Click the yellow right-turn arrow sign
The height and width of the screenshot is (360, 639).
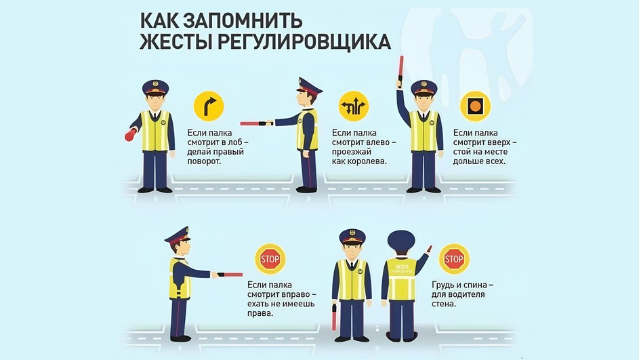(x=209, y=106)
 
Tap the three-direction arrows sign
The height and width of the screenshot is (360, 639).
(x=354, y=106)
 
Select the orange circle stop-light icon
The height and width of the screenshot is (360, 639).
(x=475, y=106)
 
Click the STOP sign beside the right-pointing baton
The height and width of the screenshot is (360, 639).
(x=270, y=259)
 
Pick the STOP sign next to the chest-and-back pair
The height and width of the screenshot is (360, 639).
(x=454, y=259)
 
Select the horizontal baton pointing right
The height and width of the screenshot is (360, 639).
(x=230, y=275)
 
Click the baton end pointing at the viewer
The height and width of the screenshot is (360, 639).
(x=131, y=135)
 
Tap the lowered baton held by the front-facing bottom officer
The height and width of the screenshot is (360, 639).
(x=335, y=317)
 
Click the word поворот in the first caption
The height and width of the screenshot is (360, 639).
(x=204, y=161)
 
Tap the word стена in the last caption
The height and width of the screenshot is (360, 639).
(x=444, y=304)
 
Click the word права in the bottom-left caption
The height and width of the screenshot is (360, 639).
(x=260, y=313)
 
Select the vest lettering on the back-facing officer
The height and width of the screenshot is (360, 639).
(x=401, y=269)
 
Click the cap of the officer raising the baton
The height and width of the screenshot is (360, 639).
(x=424, y=87)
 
